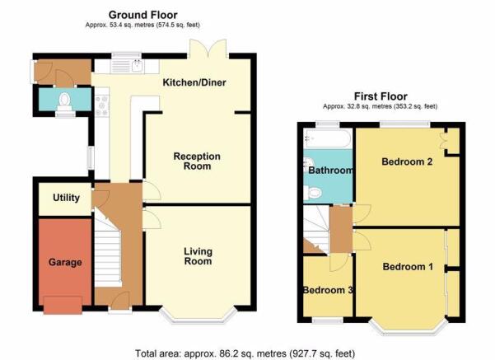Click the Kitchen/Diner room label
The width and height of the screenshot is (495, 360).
tap(194, 82)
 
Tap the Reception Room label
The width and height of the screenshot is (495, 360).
tap(197, 161)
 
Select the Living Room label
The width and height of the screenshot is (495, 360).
tap(198, 256)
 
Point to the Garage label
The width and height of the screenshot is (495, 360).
tap(65, 262)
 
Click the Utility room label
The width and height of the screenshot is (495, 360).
tap(66, 198)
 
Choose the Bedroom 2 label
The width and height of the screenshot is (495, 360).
tap(407, 161)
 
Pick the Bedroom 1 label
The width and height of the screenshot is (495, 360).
tap(408, 267)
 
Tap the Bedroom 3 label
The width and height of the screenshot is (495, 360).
tap(328, 290)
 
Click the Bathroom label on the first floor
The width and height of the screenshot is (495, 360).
tap(330, 171)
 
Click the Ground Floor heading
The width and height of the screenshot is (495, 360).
tap(142, 15)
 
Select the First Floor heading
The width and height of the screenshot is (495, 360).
tap(381, 96)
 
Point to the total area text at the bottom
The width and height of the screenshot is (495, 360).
tap(245, 353)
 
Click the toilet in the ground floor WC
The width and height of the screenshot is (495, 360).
tap(65, 101)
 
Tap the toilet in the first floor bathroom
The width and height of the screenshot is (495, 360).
tap(312, 192)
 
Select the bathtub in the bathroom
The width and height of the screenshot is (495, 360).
tap(327, 138)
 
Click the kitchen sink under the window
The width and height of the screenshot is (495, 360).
tap(127, 66)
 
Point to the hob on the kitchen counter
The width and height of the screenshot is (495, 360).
tap(102, 105)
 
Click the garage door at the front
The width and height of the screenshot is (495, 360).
tap(63, 305)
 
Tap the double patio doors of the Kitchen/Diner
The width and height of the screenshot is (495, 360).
tap(208, 49)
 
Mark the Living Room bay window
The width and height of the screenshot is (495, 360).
tap(198, 316)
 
